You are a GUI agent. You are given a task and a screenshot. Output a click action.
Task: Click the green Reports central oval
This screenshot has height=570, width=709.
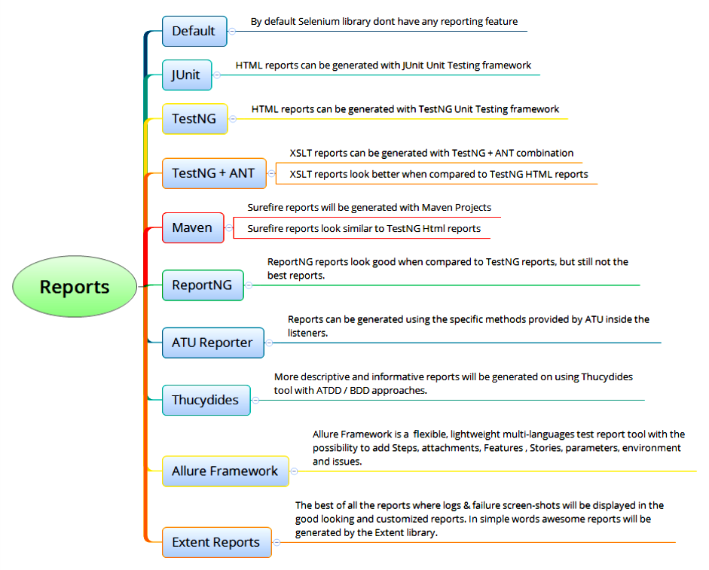[x=75, y=287]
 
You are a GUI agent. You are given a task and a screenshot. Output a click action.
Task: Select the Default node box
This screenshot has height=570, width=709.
[x=194, y=32]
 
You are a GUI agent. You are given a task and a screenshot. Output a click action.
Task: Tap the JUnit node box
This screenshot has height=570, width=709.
[x=186, y=75]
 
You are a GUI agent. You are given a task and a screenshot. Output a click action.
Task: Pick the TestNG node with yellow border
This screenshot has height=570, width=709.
[x=194, y=119]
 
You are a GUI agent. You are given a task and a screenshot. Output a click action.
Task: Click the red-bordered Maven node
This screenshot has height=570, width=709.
[x=193, y=227]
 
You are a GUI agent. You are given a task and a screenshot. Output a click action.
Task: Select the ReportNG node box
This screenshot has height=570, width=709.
[x=203, y=285]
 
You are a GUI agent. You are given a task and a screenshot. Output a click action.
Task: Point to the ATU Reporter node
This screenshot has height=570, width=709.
[x=212, y=343]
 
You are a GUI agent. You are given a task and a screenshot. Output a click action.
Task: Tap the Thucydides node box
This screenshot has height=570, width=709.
[x=206, y=400]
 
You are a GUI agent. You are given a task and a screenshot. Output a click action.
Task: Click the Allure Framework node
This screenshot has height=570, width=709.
[x=225, y=471]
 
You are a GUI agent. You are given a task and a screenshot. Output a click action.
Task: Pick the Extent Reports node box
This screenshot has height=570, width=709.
[x=216, y=542]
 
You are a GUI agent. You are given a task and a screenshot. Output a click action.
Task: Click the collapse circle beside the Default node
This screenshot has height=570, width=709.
[x=232, y=32]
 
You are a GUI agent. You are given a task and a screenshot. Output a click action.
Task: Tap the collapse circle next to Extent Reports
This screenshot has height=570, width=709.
[x=277, y=542]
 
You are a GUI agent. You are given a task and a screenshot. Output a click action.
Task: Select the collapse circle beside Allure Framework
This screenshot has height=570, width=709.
[x=294, y=471]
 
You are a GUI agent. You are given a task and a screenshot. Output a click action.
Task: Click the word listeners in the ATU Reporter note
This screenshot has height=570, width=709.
[x=307, y=333]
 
